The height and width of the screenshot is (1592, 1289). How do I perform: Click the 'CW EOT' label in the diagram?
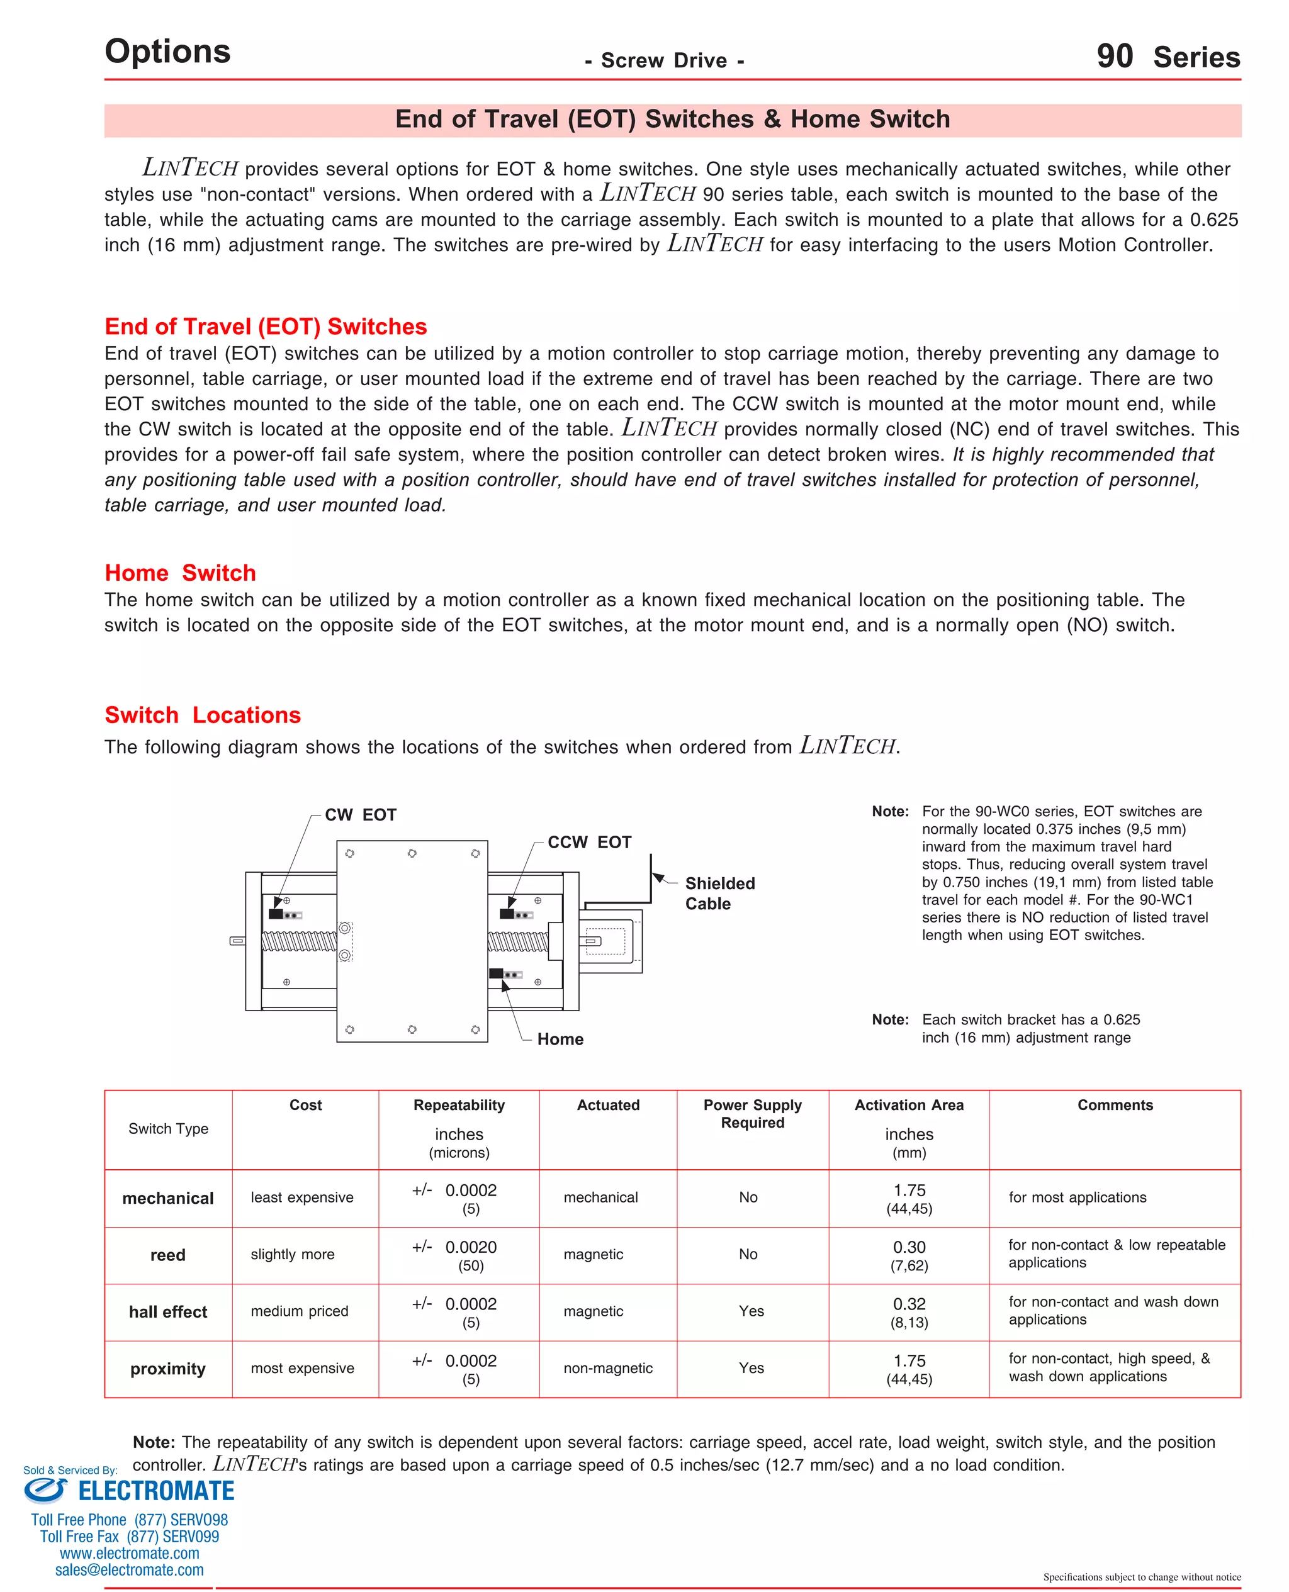tap(360, 815)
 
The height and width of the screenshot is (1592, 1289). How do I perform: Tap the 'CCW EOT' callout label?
tap(589, 843)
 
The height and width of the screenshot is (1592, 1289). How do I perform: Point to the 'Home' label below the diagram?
tap(560, 1039)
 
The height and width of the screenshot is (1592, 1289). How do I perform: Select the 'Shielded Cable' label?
tap(719, 894)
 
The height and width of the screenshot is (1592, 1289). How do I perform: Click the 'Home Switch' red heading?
tap(181, 573)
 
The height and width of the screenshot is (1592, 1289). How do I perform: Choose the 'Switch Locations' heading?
tap(203, 715)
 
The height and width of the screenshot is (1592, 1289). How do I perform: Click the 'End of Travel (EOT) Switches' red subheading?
tap(266, 327)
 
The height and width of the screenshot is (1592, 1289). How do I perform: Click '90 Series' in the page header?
tap(1168, 57)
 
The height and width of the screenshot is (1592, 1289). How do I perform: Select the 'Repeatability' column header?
tap(459, 1105)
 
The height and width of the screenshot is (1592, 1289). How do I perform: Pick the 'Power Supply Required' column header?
tap(752, 1113)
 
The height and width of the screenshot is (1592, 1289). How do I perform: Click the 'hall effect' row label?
tap(168, 1312)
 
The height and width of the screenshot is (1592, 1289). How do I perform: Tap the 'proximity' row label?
tap(168, 1369)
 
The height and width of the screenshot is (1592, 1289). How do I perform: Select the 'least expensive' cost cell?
tap(302, 1198)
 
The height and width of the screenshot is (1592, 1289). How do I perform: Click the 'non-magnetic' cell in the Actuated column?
tap(607, 1369)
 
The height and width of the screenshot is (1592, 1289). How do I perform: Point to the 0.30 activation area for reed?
tap(909, 1248)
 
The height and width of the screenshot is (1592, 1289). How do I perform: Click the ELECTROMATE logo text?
tap(156, 1491)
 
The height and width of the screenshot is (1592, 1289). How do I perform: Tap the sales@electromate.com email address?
tap(129, 1570)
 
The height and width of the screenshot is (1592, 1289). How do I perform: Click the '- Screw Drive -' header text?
tap(664, 61)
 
